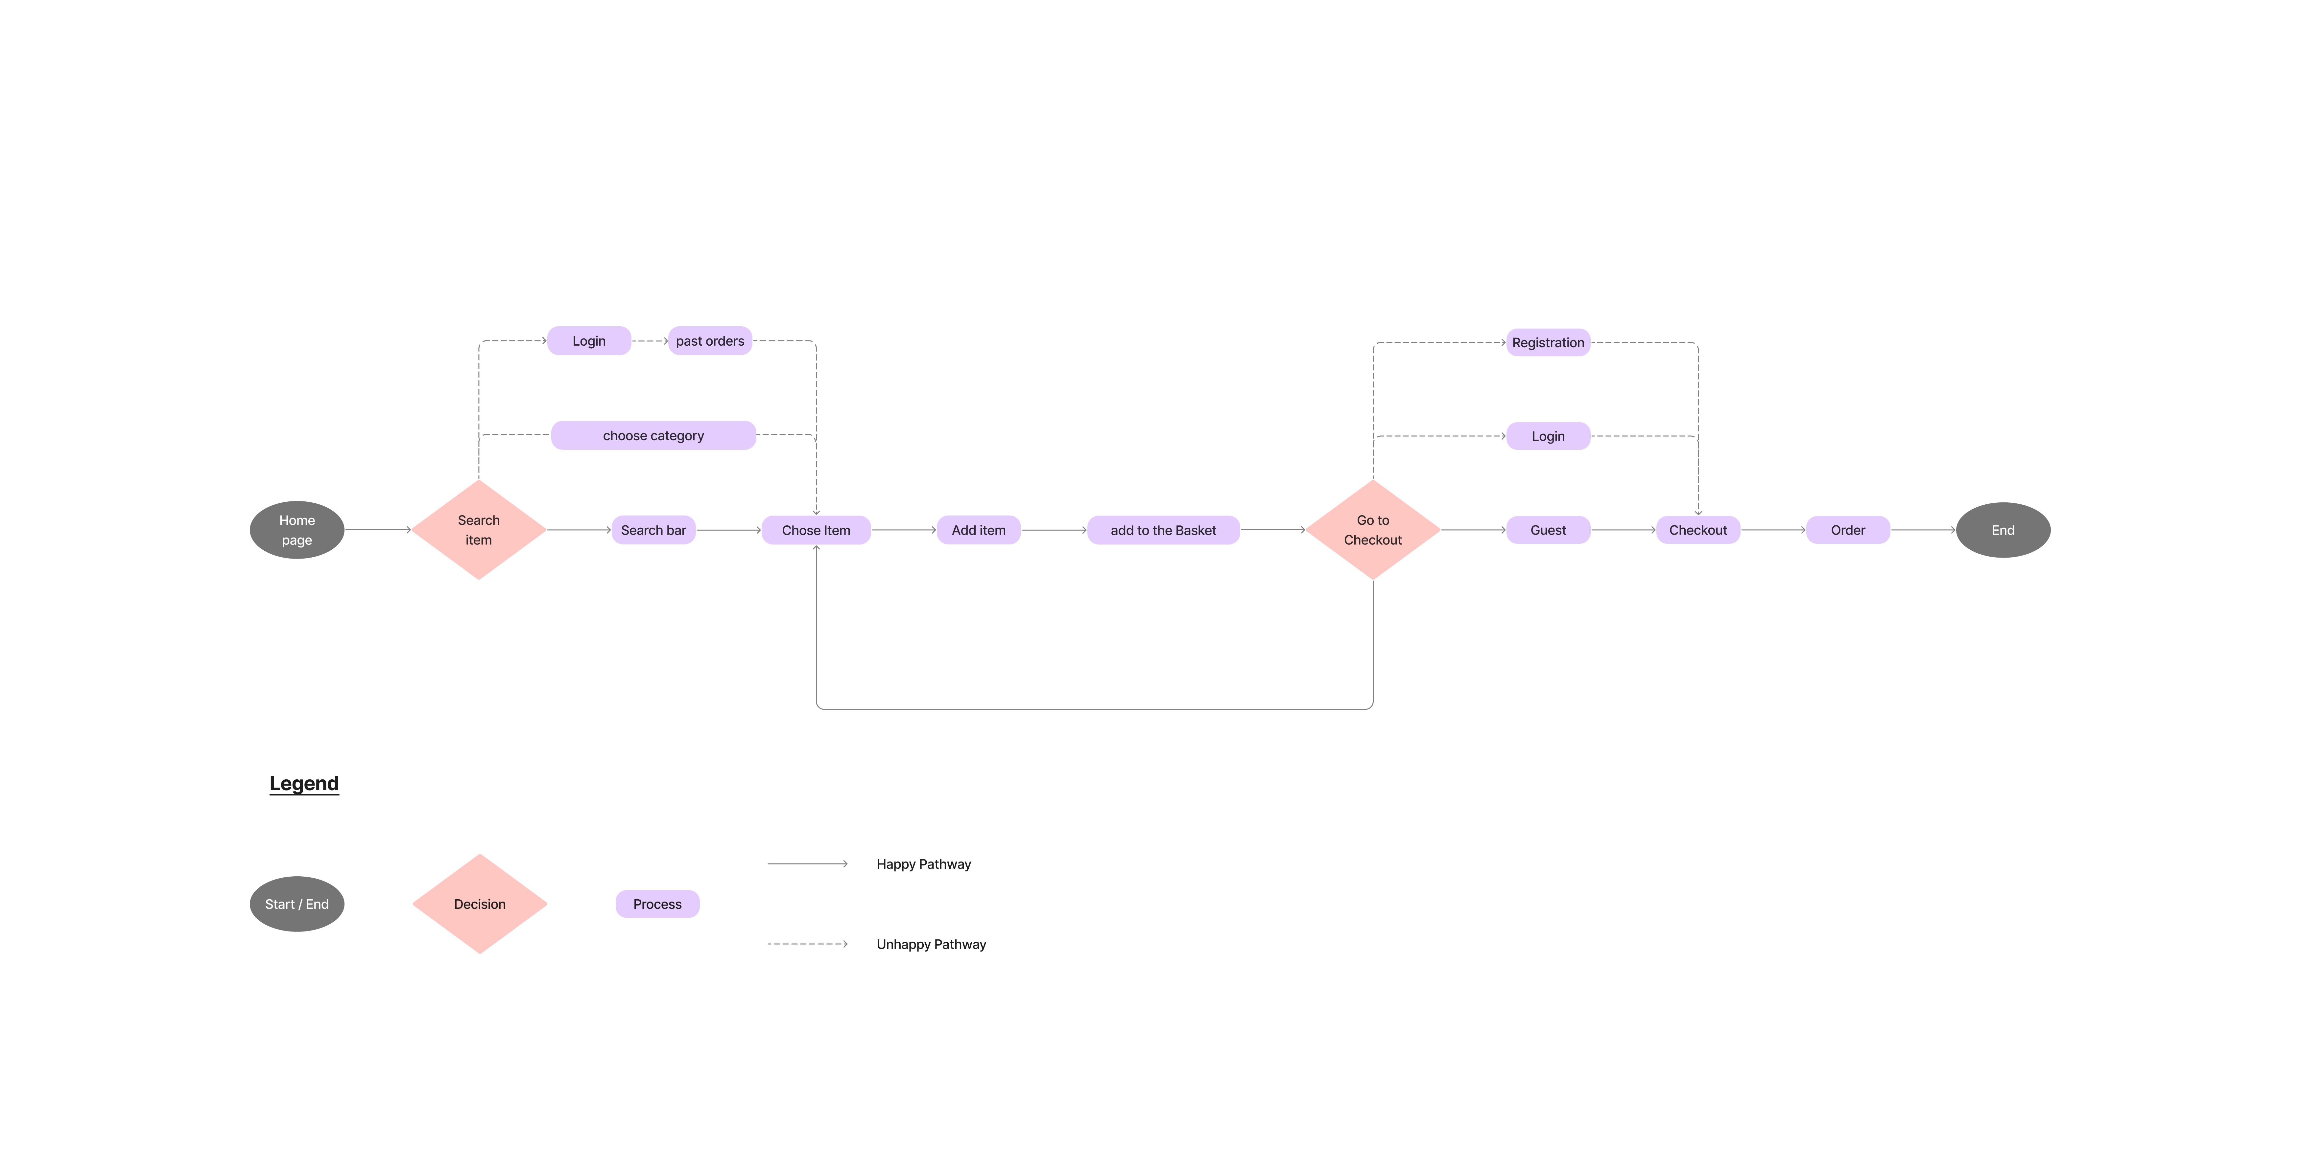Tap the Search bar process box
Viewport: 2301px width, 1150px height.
[x=653, y=530]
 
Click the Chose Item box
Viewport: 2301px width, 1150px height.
[x=816, y=530]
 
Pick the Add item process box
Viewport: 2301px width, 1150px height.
[x=978, y=530]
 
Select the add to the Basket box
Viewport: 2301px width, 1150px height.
[x=1163, y=530]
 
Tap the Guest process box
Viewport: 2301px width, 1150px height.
[x=1548, y=530]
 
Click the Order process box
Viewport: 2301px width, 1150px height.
[x=1847, y=530]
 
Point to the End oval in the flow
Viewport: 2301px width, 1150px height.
[x=2003, y=530]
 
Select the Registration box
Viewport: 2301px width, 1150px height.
[x=1548, y=343]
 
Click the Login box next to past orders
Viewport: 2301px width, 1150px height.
[x=589, y=341]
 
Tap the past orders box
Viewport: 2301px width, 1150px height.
[x=710, y=341]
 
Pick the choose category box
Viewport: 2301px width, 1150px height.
[x=653, y=436]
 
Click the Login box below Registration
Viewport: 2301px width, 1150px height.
[x=1548, y=437]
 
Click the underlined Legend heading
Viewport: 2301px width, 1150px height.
[x=304, y=784]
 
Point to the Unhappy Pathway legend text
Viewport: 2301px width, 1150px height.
[x=931, y=945]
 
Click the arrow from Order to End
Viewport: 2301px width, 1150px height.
[x=1922, y=530]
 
